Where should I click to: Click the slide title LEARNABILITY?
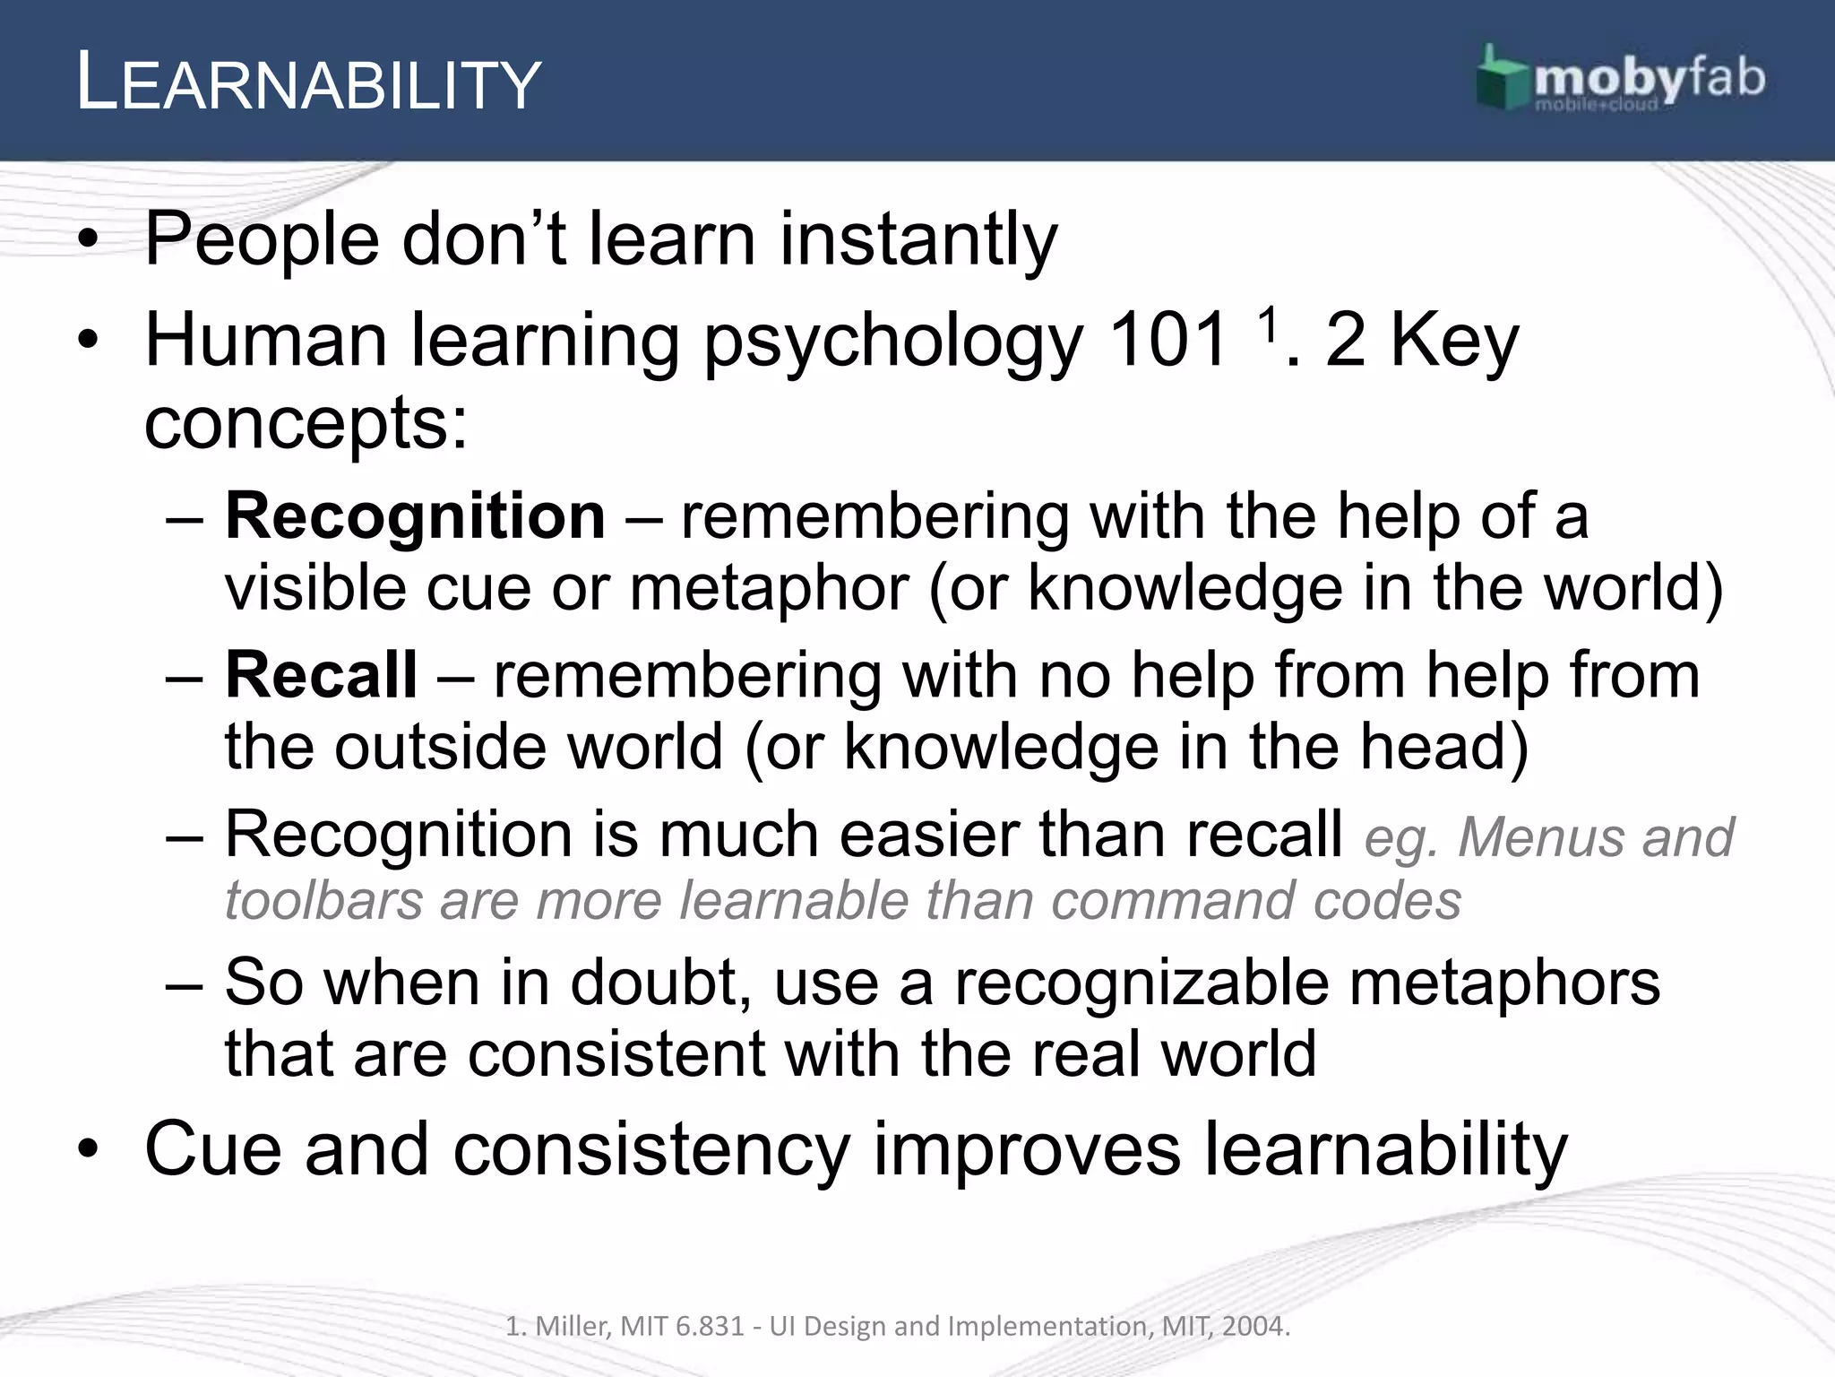tap(308, 83)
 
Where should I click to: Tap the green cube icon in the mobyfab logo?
tap(1503, 81)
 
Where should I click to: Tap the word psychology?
tap(892, 345)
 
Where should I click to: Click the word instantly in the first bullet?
tap(918, 240)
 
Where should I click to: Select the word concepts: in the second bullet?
tap(306, 425)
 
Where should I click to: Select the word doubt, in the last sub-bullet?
tap(660, 983)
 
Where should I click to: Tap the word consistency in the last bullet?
tap(651, 1152)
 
